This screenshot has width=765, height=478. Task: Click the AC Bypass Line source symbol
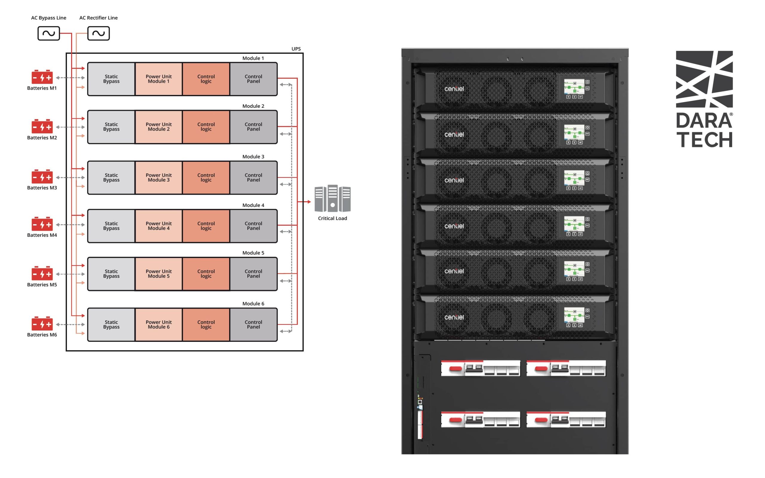tap(48, 33)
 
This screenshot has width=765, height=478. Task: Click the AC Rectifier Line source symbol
tap(98, 33)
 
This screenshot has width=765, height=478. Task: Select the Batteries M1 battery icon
tap(42, 77)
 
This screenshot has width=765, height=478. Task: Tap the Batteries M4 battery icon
tap(42, 224)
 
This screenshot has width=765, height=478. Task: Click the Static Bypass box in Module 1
tap(111, 79)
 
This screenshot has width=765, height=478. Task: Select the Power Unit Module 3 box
tap(158, 178)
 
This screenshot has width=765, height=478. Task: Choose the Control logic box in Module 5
tap(206, 274)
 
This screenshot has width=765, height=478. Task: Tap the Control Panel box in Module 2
tap(253, 127)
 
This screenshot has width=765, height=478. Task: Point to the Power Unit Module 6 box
tap(158, 325)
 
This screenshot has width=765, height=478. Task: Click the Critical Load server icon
tap(332, 199)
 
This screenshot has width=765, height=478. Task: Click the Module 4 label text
tap(253, 205)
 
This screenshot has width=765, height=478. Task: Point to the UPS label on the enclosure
tap(296, 49)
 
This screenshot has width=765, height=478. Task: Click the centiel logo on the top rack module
tap(454, 89)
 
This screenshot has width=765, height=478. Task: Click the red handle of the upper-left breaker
tap(455, 369)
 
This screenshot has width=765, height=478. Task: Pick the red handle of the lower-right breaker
tap(541, 420)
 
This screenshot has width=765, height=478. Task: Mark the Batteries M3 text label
tap(42, 188)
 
